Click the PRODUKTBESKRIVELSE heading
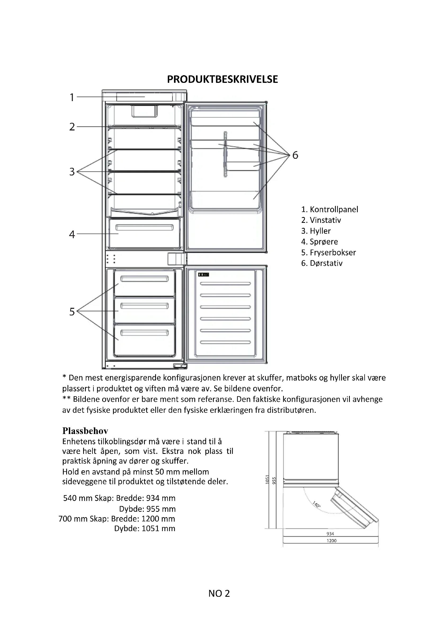click(x=222, y=79)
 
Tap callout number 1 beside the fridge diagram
click(x=72, y=97)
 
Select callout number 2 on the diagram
click(x=72, y=127)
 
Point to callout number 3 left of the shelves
click(x=72, y=172)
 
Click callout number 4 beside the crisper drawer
click(x=72, y=234)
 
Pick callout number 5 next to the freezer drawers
click(x=72, y=312)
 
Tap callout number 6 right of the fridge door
click(x=295, y=155)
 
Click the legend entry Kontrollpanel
click(x=330, y=210)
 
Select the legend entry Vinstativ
click(x=321, y=220)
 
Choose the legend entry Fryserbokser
click(x=328, y=253)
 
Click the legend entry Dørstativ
click(x=322, y=263)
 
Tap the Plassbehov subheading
click(x=85, y=431)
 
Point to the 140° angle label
click(x=316, y=504)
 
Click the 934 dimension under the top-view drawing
click(x=330, y=534)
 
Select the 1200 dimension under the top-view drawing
click(x=332, y=541)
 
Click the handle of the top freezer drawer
click(x=144, y=279)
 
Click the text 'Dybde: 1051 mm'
click(x=145, y=528)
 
